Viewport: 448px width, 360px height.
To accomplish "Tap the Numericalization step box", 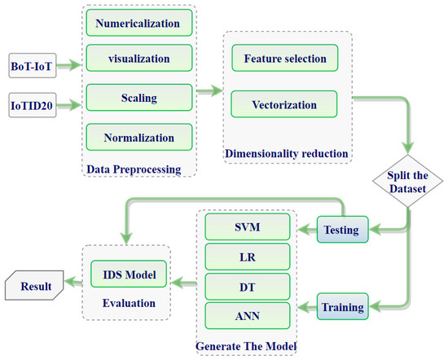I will click(x=137, y=24).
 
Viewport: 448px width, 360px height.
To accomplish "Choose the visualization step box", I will click(x=137, y=59).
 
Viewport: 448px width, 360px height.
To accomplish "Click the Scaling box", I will click(x=137, y=98).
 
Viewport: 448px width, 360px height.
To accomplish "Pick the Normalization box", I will click(x=137, y=136).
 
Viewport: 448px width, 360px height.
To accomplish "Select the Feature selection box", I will click(x=284, y=59).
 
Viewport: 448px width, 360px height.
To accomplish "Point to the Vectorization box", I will click(x=284, y=104).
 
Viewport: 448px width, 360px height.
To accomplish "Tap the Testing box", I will click(x=343, y=230).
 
